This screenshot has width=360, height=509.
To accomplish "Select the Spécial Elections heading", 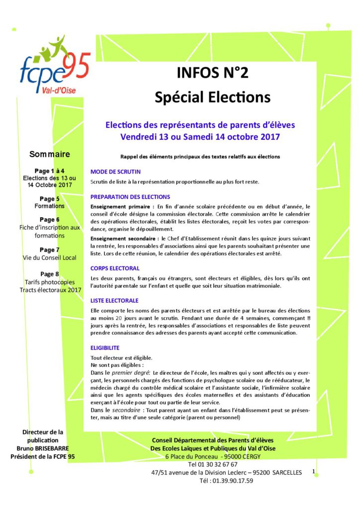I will click(x=212, y=96).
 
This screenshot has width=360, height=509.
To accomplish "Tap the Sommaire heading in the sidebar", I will click(x=50, y=154).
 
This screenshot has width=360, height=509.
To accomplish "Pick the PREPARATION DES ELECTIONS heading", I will click(x=130, y=197).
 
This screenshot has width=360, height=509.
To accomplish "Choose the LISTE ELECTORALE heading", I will click(x=114, y=301).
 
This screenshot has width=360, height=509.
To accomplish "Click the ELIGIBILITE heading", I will click(x=105, y=347).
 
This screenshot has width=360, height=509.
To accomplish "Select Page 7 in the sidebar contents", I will click(x=50, y=250).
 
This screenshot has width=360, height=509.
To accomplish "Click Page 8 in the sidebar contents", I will click(x=50, y=273).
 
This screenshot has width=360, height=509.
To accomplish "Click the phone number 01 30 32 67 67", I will click(x=213, y=464).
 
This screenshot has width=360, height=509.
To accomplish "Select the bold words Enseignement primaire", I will click(x=119, y=206).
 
